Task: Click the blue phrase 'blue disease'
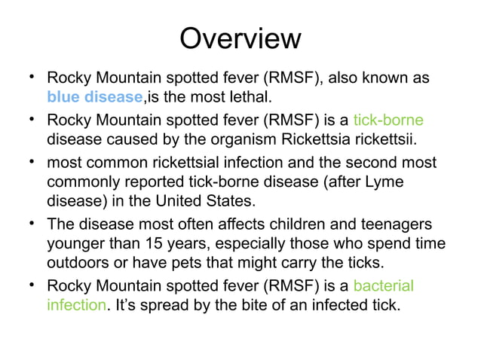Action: (x=94, y=97)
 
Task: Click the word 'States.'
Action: (x=229, y=202)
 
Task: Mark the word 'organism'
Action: (x=247, y=139)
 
